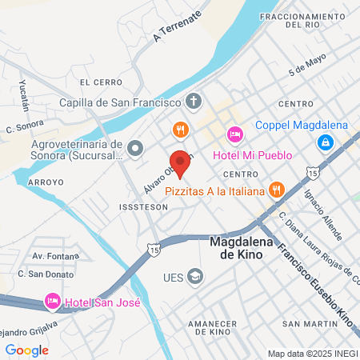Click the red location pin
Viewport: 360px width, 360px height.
pos(180,162)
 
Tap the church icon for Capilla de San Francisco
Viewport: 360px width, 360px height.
pos(193,102)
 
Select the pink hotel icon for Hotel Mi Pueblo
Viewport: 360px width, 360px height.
pos(234,134)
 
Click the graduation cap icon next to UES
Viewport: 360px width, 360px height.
pos(195,276)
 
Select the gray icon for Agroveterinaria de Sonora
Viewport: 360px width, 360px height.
pos(134,147)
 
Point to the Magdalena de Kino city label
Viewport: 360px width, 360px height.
pos(242,247)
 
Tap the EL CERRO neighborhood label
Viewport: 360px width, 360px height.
pos(101,82)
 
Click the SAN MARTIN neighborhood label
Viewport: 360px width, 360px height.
pos(302,323)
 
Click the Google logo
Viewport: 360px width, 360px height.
pos(27,350)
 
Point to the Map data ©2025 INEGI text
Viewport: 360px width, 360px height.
pos(312,354)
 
